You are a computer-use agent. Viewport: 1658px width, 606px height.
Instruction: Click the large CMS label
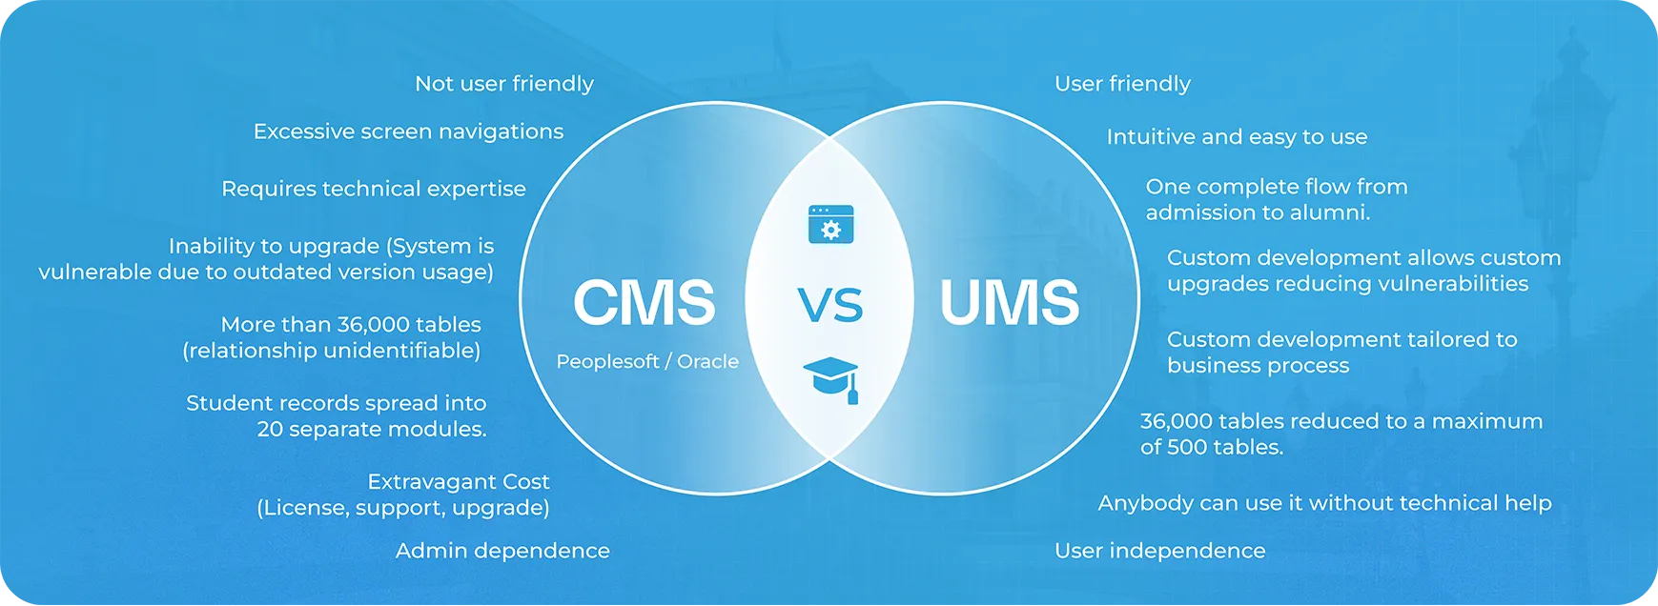(x=644, y=303)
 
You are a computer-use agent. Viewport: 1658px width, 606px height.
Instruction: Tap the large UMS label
(x=1010, y=303)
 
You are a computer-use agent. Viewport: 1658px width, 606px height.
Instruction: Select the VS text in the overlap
(x=829, y=305)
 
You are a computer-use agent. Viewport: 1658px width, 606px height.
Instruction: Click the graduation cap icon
(x=831, y=379)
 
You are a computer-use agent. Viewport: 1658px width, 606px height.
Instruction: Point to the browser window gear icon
(x=830, y=224)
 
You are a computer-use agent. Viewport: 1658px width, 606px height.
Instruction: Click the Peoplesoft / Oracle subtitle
(x=647, y=362)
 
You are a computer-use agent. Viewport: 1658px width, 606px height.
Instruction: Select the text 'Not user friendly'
(x=503, y=84)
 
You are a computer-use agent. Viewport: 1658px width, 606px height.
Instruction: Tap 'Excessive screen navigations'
(x=408, y=131)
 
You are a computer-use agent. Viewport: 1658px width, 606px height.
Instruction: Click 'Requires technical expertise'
(x=373, y=189)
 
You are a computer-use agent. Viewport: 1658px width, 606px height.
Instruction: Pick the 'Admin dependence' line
(x=502, y=551)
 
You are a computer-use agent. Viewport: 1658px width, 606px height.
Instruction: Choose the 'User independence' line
(x=1159, y=551)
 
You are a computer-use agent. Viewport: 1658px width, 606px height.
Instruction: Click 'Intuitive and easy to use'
(x=1237, y=137)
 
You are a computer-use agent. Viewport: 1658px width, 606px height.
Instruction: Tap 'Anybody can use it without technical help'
(x=1324, y=503)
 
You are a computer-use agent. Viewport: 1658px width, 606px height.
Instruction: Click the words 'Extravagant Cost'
(x=459, y=482)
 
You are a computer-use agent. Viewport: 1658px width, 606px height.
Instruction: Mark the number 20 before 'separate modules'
(x=270, y=430)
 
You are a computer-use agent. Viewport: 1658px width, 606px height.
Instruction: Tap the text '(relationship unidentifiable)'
(x=331, y=351)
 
